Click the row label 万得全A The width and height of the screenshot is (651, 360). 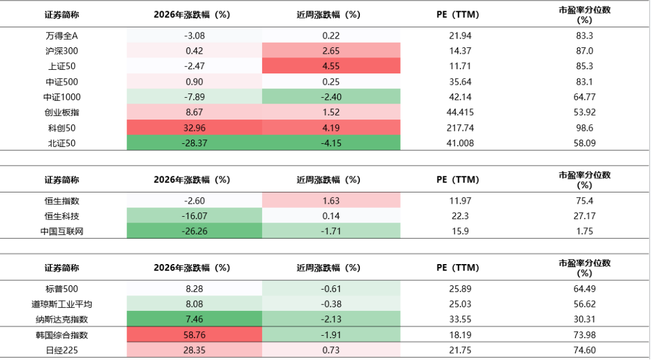[62, 36]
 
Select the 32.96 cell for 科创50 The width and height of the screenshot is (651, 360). [194, 128]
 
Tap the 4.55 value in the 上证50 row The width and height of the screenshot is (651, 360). [331, 66]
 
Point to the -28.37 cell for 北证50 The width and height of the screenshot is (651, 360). [194, 143]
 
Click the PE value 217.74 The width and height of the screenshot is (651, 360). [460, 128]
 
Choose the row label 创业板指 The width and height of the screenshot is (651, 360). [62, 112]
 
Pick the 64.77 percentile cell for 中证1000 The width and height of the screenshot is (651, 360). [585, 97]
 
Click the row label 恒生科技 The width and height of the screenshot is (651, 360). [62, 216]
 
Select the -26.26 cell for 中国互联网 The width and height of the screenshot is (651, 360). [194, 232]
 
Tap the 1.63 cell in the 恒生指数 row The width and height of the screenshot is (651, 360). [331, 201]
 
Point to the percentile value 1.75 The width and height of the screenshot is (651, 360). [585, 232]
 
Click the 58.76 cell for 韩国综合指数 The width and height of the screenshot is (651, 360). [194, 335]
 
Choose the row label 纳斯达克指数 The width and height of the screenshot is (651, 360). [62, 319]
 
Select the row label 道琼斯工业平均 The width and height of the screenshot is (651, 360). [62, 304]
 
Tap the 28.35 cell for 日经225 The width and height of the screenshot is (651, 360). [194, 351]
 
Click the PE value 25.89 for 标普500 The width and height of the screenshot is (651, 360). [460, 289]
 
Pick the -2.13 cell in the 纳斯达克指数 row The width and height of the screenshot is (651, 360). [331, 319]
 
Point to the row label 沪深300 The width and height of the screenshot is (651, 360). [62, 51]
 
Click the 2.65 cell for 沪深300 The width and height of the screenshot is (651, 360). [331, 51]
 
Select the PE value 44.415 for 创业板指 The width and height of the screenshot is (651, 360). [460, 112]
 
